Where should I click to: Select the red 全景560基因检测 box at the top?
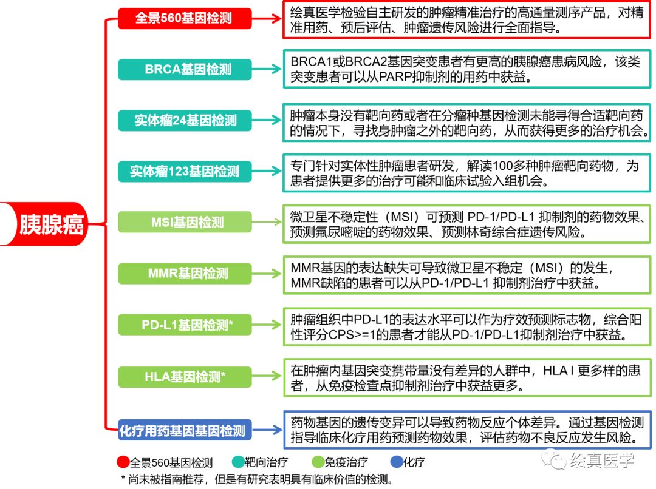click(183, 18)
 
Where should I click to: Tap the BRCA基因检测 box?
click(183, 69)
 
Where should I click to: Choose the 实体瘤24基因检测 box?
click(183, 120)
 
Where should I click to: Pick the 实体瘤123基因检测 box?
click(183, 172)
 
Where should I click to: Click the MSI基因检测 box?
click(183, 223)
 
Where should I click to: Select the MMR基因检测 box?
click(183, 274)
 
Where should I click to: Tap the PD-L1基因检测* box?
click(183, 325)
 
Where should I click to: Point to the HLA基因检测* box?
click(183, 377)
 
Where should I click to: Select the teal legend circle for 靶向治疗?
click(238, 462)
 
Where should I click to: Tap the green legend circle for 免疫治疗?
click(318, 462)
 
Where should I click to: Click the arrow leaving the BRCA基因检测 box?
click(268, 69)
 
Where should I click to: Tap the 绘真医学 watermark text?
click(601, 460)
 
